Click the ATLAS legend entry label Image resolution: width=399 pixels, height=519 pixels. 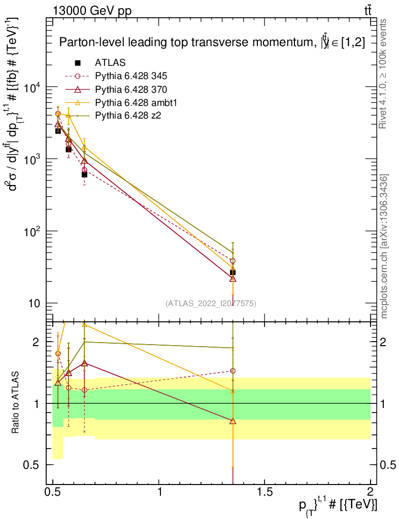point(110,63)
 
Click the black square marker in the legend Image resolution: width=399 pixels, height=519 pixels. point(78,63)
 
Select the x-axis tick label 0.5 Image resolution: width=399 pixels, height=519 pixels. point(53,491)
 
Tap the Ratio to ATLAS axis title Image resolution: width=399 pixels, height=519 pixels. point(16,403)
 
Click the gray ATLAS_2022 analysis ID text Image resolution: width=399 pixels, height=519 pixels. point(211,304)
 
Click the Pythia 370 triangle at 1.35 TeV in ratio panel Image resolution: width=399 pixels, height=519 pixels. point(232,421)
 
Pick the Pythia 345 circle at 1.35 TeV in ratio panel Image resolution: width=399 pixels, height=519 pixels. point(232,371)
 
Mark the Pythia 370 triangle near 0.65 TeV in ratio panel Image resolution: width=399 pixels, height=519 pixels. point(84,363)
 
